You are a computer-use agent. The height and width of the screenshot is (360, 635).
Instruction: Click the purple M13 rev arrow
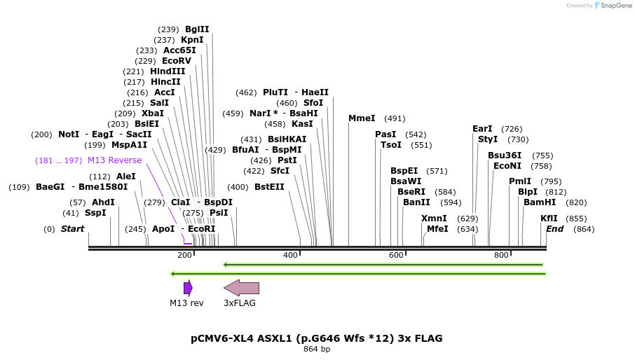point(188,288)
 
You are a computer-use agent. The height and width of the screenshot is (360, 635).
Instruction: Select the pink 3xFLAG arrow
point(241,288)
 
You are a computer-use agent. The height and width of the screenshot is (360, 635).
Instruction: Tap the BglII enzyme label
point(197,29)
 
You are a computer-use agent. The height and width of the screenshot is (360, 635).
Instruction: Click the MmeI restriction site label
point(362,118)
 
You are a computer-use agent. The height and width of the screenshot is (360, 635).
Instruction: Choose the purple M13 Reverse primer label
point(114,160)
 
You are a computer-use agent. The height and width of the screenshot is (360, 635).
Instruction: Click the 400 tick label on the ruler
point(290,255)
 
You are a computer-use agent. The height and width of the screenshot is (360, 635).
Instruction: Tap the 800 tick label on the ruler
point(501,255)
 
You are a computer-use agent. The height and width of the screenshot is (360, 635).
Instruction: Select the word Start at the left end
point(72,229)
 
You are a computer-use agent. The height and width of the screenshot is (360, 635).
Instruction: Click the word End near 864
point(554,229)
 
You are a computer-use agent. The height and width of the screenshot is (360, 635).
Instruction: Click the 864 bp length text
point(316,349)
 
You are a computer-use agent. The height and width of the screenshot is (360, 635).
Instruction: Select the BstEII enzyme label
point(269,187)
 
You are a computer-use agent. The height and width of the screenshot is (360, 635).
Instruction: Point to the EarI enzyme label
point(482,129)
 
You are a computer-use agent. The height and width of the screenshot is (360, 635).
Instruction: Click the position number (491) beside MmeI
point(395,118)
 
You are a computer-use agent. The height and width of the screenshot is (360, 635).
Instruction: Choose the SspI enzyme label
point(95,213)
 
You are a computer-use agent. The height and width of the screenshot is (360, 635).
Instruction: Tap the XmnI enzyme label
point(434,219)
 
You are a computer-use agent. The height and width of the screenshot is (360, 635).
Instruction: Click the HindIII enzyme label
point(168,71)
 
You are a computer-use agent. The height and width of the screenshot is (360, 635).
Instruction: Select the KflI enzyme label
point(549,219)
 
